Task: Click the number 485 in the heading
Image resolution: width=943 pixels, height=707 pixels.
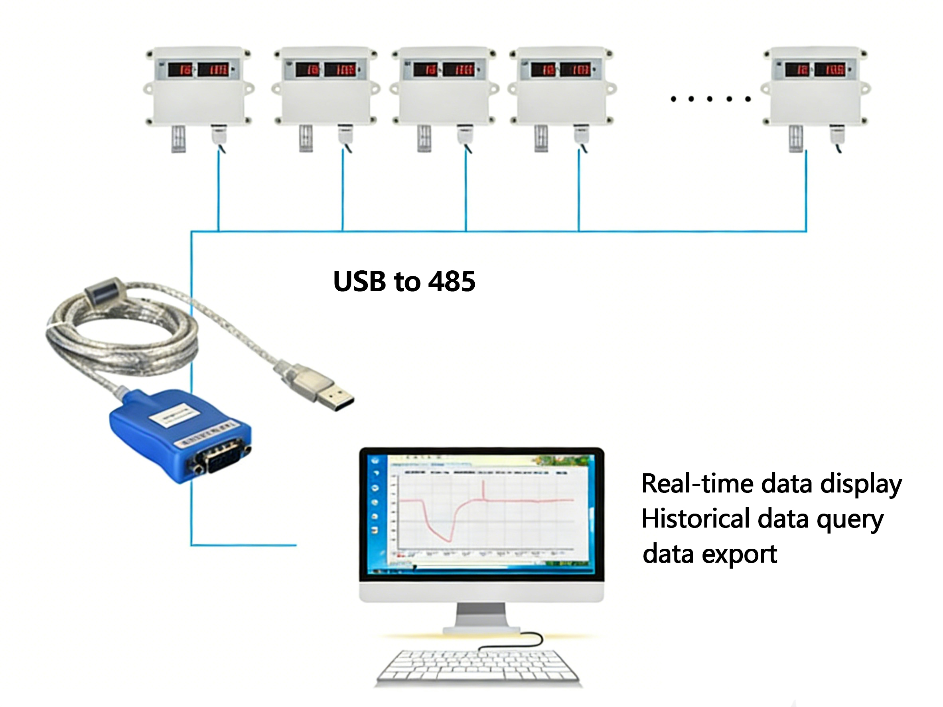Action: (x=452, y=281)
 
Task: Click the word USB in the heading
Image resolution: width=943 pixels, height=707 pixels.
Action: (x=359, y=281)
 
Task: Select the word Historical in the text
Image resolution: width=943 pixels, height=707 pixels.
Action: (x=695, y=519)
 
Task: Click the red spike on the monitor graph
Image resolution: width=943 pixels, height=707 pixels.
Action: (x=483, y=489)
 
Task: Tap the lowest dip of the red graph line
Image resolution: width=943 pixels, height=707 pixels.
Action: (x=448, y=540)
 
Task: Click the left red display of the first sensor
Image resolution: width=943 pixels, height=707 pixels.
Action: (x=180, y=69)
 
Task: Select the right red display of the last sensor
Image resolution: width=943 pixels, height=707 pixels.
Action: (x=829, y=69)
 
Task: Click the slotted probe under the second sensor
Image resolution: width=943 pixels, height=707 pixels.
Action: (x=306, y=138)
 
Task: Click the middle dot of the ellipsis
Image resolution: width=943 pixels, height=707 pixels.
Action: (x=710, y=99)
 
